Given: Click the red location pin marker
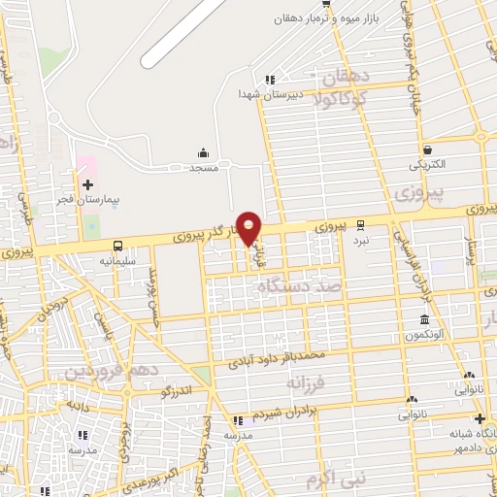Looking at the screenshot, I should (249, 227).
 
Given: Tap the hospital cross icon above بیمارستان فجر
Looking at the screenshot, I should (87, 184).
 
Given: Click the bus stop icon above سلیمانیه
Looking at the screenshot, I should (117, 247).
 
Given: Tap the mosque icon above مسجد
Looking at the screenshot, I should (203, 152).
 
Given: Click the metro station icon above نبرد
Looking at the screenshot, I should (361, 222).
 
